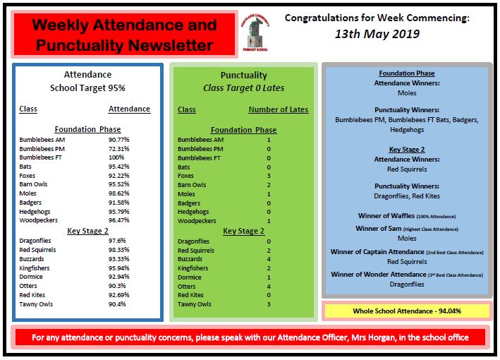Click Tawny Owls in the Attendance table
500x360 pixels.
(x=36, y=304)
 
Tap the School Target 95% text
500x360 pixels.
(x=87, y=88)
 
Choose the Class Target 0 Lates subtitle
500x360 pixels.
(x=243, y=88)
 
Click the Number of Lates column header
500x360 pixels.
(x=278, y=109)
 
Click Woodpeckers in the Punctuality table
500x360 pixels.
(x=196, y=221)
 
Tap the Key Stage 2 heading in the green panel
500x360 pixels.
(x=243, y=231)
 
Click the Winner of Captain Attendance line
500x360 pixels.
(x=407, y=252)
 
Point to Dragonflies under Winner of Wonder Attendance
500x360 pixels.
(x=407, y=284)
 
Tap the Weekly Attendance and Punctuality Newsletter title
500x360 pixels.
(x=123, y=35)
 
